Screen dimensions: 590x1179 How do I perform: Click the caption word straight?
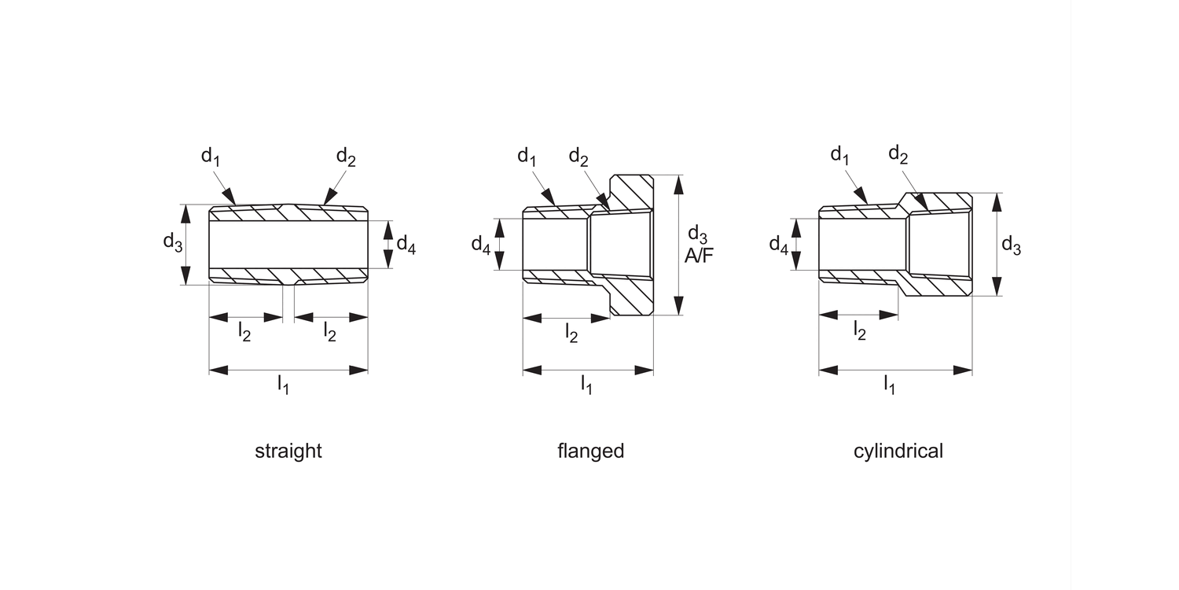pyautogui.click(x=288, y=452)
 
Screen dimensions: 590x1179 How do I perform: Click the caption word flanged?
pyautogui.click(x=590, y=452)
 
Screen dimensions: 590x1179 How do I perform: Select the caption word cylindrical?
pyautogui.click(x=898, y=452)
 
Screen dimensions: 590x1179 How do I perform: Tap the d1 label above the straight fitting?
pyautogui.click(x=211, y=157)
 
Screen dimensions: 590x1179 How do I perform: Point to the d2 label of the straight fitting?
pyautogui.click(x=346, y=157)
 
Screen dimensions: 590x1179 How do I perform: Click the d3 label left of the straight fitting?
pyautogui.click(x=173, y=242)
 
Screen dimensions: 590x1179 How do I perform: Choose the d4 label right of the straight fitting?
pyautogui.click(x=406, y=244)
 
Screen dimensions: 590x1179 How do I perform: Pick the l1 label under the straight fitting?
pyautogui.click(x=283, y=385)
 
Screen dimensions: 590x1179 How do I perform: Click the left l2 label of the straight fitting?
pyautogui.click(x=244, y=332)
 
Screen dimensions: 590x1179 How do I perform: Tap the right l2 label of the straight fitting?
pyautogui.click(x=330, y=332)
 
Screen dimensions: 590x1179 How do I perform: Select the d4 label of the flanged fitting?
pyautogui.click(x=481, y=245)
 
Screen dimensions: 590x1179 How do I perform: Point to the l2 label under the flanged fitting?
pyautogui.click(x=571, y=334)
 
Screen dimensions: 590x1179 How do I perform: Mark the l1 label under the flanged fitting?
pyautogui.click(x=586, y=385)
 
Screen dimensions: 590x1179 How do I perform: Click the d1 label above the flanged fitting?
pyautogui.click(x=527, y=157)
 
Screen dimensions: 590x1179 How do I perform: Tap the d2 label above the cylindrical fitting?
pyautogui.click(x=898, y=154)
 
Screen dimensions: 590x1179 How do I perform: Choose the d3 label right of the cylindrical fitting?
pyautogui.click(x=1011, y=245)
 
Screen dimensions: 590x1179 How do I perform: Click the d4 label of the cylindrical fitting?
pyautogui.click(x=778, y=245)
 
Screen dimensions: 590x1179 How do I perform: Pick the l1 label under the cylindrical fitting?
pyautogui.click(x=889, y=385)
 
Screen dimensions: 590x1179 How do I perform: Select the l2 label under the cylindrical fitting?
pyautogui.click(x=860, y=332)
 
